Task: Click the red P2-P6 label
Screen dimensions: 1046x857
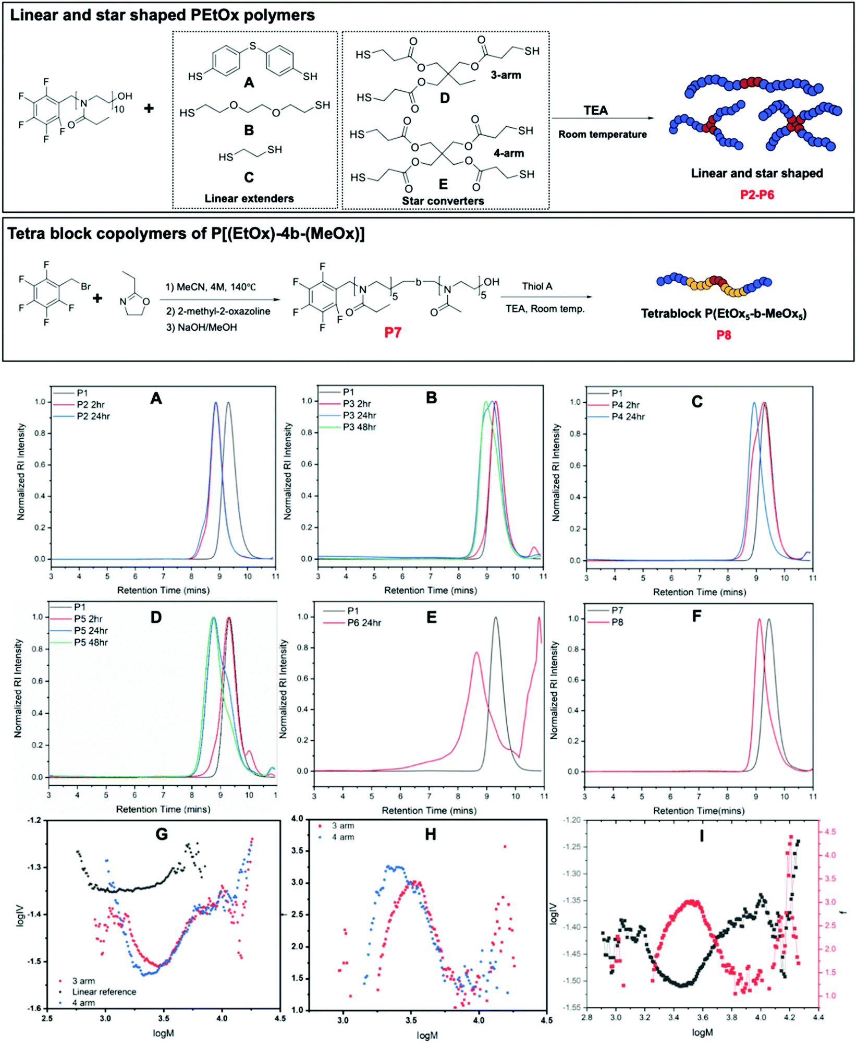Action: click(757, 195)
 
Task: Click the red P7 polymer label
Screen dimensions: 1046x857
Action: click(393, 332)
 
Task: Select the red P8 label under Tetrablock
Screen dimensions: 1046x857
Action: click(723, 335)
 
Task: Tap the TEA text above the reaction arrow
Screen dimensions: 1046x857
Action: click(595, 111)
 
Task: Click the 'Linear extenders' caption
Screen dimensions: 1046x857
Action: click(249, 198)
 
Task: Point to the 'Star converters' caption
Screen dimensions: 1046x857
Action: click(443, 201)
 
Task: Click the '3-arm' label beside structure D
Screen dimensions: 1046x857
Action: click(506, 75)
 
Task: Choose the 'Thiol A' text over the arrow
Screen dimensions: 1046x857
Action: click(537, 286)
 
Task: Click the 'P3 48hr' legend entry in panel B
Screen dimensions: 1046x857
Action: click(359, 427)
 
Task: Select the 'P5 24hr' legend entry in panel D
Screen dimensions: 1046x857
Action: click(91, 631)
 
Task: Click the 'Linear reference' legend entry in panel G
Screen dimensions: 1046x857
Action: click(104, 992)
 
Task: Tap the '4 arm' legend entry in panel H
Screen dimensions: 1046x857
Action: click(343, 837)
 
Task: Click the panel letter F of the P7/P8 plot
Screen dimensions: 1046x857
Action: click(696, 616)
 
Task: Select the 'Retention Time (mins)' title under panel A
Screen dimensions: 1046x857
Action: click(163, 590)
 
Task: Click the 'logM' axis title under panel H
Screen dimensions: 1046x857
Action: click(427, 1035)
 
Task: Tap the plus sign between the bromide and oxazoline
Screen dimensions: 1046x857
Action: click(97, 298)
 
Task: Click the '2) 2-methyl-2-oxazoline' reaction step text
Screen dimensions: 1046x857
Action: click(218, 311)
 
